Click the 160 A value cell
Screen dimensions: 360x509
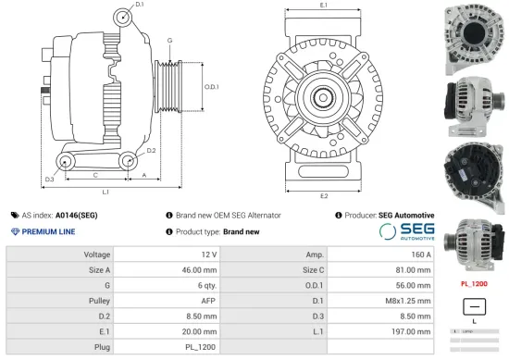[x=421, y=254]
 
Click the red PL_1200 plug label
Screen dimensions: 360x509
[x=474, y=284]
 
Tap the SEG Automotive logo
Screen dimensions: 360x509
[x=407, y=231]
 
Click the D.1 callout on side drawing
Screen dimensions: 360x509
[x=140, y=6]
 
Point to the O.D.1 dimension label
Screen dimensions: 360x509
[x=210, y=87]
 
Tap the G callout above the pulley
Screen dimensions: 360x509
[x=169, y=40]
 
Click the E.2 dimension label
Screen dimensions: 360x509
[x=323, y=196]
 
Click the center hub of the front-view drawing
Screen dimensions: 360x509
[x=323, y=95]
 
